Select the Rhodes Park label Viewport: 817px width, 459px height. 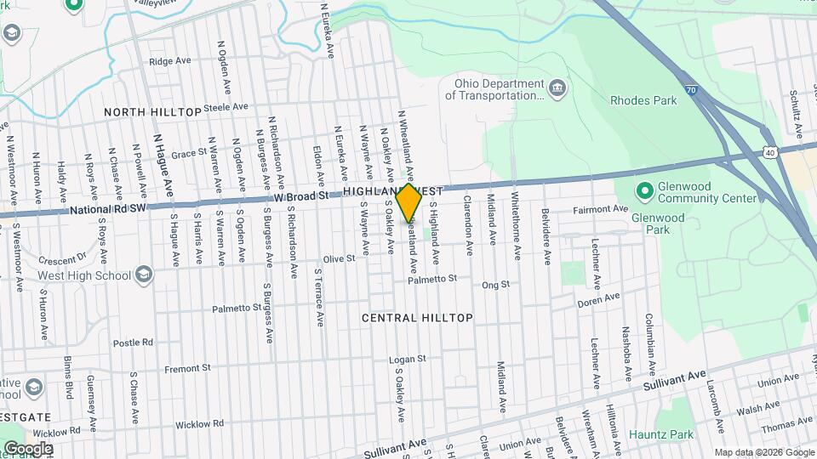[643, 100]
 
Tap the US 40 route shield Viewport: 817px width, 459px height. [769, 152]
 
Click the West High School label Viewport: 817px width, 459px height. [83, 275]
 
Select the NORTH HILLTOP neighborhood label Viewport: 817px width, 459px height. [152, 112]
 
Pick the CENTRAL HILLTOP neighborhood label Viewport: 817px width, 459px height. [417, 318]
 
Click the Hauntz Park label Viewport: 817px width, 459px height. [661, 435]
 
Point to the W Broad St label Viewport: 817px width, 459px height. [301, 196]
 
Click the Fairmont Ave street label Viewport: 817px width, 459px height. [600, 209]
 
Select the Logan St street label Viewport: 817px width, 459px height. [408, 360]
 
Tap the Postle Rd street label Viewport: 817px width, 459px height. [133, 343]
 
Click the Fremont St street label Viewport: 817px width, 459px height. [186, 369]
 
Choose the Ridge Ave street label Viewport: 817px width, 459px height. [169, 61]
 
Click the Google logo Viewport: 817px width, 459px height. [28, 449]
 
